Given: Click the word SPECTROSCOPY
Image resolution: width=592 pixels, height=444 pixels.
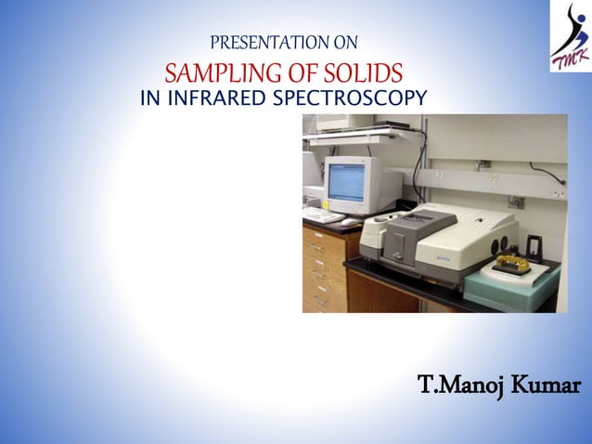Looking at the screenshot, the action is [350, 98].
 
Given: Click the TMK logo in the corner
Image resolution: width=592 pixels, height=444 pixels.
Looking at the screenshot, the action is [571, 36].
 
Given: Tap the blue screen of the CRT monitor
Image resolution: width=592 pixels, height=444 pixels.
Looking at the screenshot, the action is [346, 183].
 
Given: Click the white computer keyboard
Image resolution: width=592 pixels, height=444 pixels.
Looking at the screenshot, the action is [323, 215].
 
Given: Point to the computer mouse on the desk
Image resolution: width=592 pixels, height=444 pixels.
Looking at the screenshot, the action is [349, 222].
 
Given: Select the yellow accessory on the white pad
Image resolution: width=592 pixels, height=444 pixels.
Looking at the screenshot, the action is [511, 264].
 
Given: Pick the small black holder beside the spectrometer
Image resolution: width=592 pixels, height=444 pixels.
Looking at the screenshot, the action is [534, 249].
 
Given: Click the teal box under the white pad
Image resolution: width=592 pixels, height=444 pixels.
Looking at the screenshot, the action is [512, 287].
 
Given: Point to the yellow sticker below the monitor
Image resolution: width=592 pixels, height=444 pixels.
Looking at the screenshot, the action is [325, 204].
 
